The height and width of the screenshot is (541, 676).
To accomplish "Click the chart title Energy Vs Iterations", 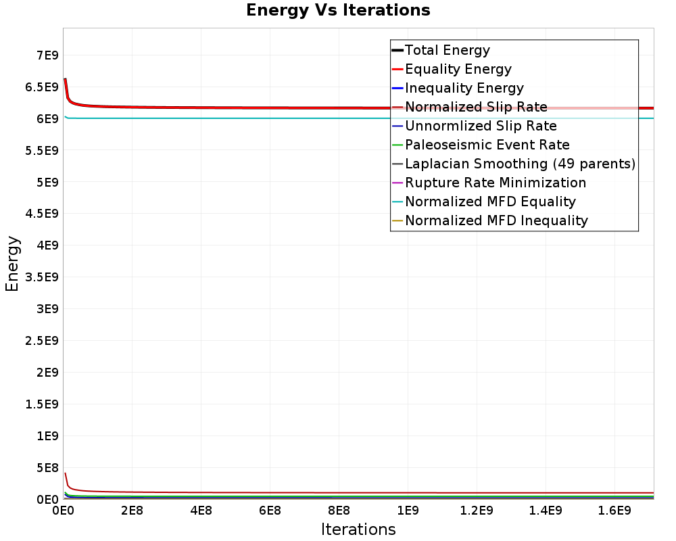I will [x=338, y=10].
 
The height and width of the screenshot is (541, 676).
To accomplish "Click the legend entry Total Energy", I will [x=447, y=50].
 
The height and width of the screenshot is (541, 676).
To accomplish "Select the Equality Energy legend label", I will [x=458, y=69].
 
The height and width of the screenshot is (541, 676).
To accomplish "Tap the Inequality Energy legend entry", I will [x=464, y=88].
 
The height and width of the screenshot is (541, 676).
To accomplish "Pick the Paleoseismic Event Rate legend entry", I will [x=487, y=145].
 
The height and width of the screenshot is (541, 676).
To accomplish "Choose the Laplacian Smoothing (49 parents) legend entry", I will [x=520, y=164].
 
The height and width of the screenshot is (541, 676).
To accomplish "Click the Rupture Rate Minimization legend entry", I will [x=496, y=183].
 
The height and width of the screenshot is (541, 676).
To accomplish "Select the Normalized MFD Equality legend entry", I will [x=490, y=202].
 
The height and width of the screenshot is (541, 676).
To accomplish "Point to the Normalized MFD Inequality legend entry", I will [x=496, y=220].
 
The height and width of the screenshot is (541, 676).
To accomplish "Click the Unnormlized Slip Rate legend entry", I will [x=481, y=126].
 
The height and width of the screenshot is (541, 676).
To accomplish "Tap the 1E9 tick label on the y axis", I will [x=46, y=436].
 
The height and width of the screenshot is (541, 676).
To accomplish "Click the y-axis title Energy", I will [x=12, y=264].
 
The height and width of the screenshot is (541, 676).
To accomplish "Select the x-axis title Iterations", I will [x=358, y=529].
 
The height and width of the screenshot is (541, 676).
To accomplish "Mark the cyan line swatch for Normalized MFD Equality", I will [x=397, y=202].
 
